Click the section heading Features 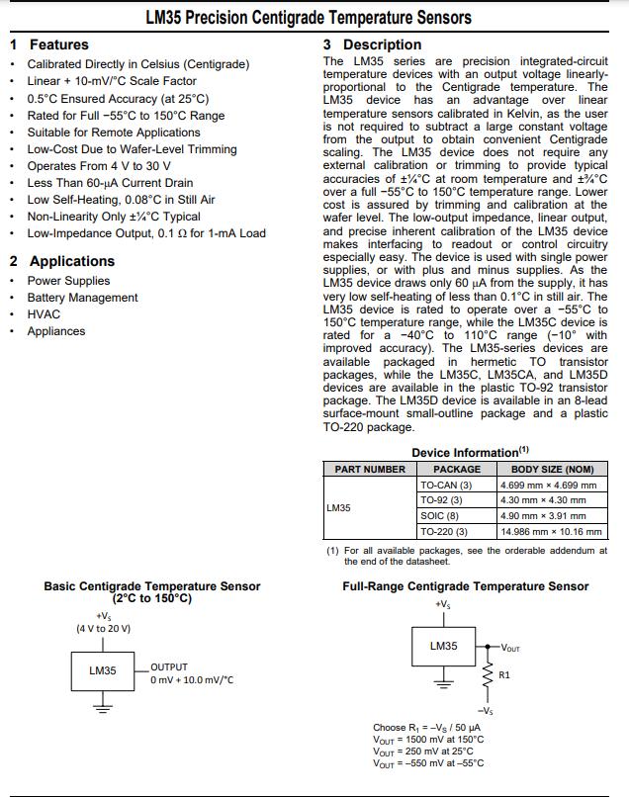58,44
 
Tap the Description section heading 382,44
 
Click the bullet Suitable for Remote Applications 114,133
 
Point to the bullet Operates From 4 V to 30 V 99,166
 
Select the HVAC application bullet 44,314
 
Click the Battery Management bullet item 82,298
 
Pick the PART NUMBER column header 370,470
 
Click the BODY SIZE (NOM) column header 552,470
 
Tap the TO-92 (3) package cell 441,500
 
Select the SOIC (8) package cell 439,516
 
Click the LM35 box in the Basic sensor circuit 103,671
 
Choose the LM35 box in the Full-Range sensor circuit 443,647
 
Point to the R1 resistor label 504,675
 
